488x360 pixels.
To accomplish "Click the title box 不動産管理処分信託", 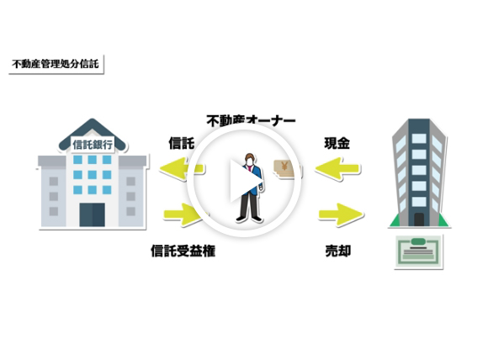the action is pyautogui.click(x=56, y=65).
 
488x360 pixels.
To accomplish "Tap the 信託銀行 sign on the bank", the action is pyautogui.click(x=93, y=145).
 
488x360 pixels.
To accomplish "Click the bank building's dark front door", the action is pyautogui.click(x=92, y=214).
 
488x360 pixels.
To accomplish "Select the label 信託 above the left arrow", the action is pyautogui.click(x=182, y=143).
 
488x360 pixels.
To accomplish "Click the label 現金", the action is pyautogui.click(x=337, y=143).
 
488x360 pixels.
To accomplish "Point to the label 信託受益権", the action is pyautogui.click(x=183, y=251).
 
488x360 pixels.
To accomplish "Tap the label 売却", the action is pyautogui.click(x=338, y=251).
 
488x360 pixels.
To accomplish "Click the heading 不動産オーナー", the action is pyautogui.click(x=251, y=121).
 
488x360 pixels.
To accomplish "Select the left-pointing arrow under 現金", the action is pyautogui.click(x=337, y=169).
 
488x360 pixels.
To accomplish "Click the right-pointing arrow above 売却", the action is pyautogui.click(x=341, y=214).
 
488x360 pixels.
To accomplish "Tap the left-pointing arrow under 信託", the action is pyautogui.click(x=182, y=169).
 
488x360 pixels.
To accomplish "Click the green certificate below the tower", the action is pyautogui.click(x=419, y=251).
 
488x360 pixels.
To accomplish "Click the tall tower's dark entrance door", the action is pyautogui.click(x=419, y=220).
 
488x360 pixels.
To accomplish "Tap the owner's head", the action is pyautogui.click(x=249, y=159).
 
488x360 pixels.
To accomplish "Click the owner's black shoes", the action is pyautogui.click(x=249, y=219).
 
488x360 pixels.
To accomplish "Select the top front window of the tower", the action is pyautogui.click(x=419, y=139).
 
